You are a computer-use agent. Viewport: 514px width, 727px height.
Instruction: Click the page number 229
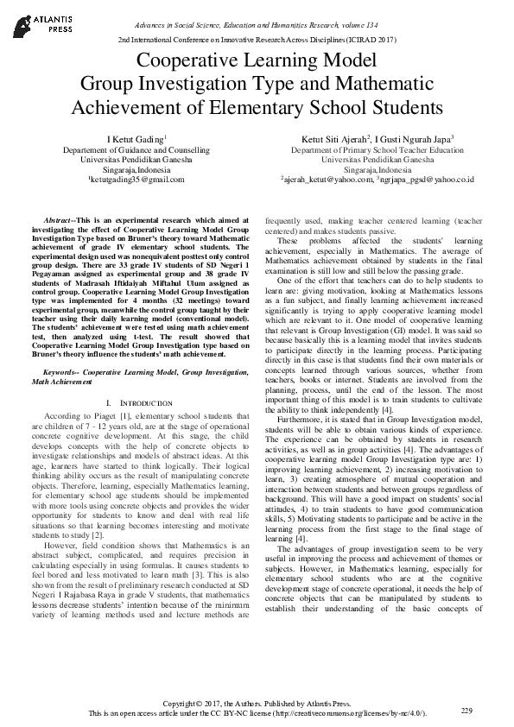pos(466,710)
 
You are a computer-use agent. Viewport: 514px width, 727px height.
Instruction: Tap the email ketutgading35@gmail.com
pos(130,179)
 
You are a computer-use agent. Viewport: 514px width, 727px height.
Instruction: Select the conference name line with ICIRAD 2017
pos(257,40)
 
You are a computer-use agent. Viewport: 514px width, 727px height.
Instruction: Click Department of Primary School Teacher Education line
pos(378,149)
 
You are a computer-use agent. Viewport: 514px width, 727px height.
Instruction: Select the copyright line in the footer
pos(257,704)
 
